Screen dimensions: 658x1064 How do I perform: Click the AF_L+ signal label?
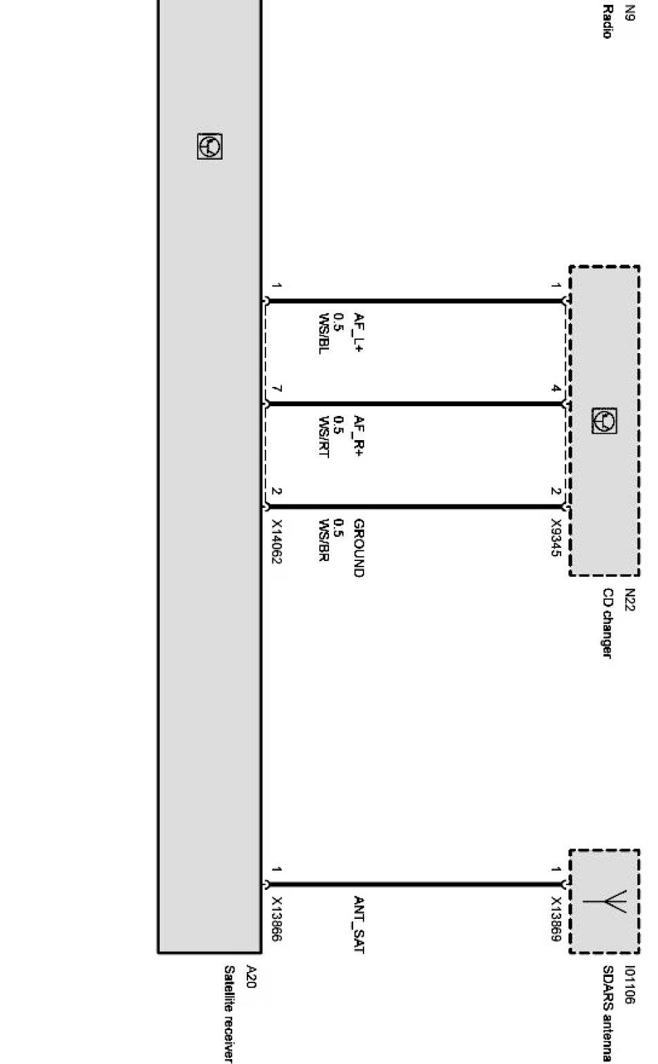(359, 333)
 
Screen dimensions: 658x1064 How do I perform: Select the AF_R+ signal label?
(359, 436)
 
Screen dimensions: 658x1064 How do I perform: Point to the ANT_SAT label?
(359, 924)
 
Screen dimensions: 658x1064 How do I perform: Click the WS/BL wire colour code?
(323, 333)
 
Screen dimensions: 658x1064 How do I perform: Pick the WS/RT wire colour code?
(323, 437)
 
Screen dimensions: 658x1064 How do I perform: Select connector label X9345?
(556, 538)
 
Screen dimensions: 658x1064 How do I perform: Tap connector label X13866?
(276, 919)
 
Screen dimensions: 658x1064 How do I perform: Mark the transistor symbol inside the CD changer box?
(604, 421)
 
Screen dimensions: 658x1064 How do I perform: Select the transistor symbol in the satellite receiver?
(209, 146)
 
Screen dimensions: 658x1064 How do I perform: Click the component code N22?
(629, 599)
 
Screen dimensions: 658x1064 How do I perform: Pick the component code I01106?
(629, 985)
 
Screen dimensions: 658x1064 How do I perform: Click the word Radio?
(608, 21)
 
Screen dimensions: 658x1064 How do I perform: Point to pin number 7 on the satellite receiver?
(276, 389)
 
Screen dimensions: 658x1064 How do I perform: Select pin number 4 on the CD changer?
(556, 389)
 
